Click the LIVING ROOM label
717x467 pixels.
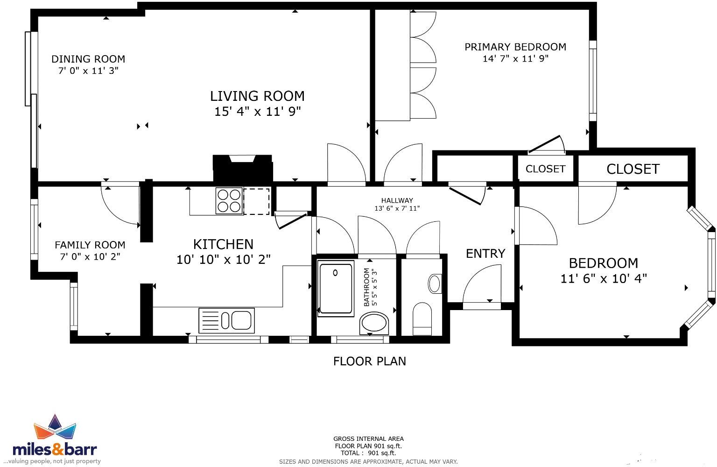point(257,96)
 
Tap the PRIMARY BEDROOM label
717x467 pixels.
point(515,47)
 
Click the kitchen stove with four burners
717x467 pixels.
point(229,201)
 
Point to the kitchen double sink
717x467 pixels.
point(226,321)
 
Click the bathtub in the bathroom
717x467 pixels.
point(336,288)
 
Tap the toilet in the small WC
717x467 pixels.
point(422,318)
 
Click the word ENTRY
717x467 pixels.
point(485,254)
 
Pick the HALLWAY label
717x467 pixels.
point(397,200)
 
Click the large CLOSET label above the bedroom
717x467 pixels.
point(633,169)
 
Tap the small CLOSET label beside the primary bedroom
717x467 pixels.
point(545,169)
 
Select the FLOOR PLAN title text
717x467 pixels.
point(369,361)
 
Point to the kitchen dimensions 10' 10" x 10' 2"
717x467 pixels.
point(223,260)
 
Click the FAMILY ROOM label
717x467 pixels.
point(90,245)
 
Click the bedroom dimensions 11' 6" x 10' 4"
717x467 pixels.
point(603,279)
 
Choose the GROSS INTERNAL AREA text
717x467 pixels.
point(368,439)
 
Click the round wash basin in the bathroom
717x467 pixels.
point(374,323)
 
